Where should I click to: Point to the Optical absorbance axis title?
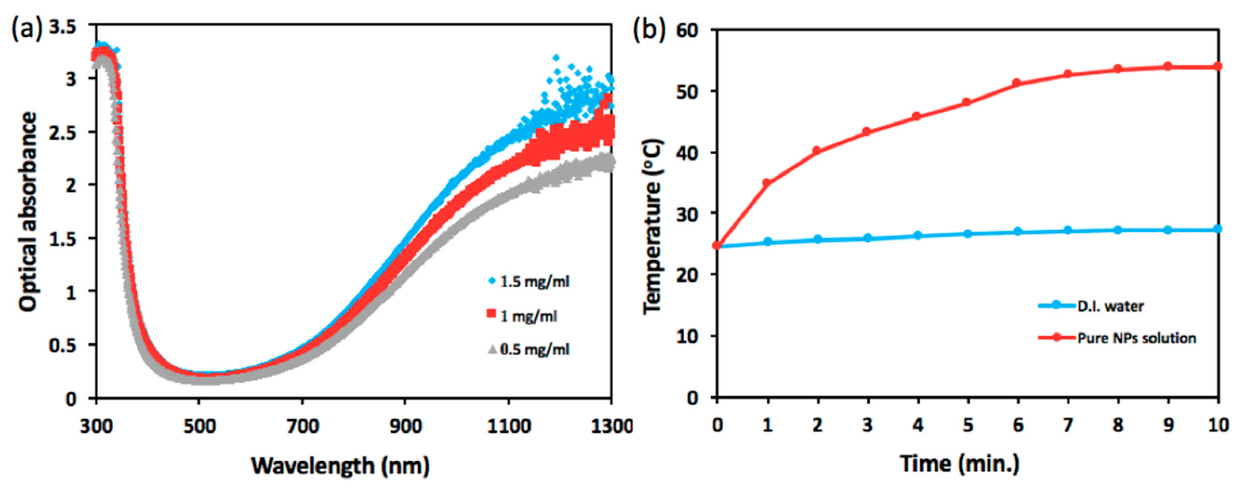pos(28,212)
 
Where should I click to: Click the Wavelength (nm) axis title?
pos(340,465)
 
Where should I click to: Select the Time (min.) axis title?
pos(960,464)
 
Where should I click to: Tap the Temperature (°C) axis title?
pos(653,226)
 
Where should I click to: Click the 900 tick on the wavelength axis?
pos(405,426)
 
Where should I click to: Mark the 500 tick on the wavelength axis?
pos(199,426)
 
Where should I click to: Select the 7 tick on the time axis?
pos(1068,425)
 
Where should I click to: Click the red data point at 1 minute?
pos(767,183)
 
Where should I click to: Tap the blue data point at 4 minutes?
pos(918,235)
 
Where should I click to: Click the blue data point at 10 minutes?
pos(1218,228)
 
